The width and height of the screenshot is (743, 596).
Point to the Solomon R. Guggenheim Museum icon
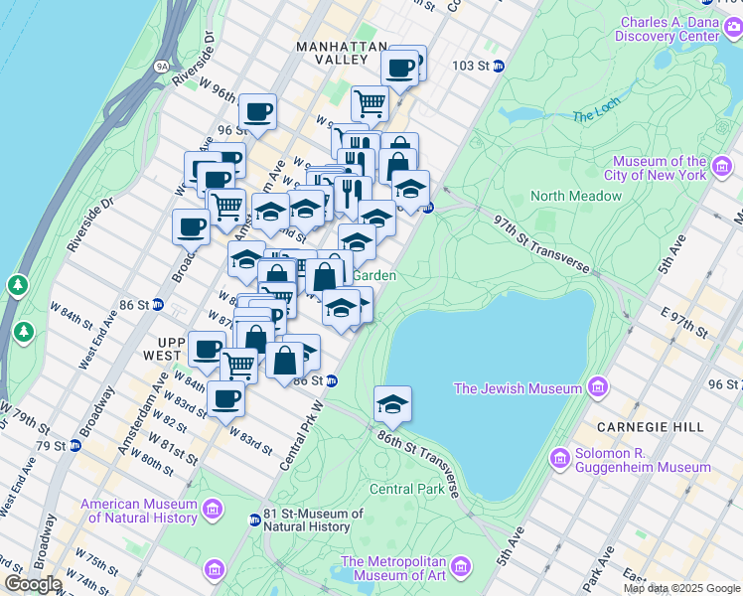tap(560, 459)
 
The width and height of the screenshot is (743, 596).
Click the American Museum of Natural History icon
tap(212, 511)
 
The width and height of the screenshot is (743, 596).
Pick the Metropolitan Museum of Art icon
tap(460, 567)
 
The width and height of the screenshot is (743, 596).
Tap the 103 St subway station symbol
tap(500, 67)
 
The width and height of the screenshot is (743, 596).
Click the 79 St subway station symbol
tap(75, 444)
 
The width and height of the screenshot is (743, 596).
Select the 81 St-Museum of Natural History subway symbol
tap(254, 520)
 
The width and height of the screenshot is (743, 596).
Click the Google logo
tap(33, 584)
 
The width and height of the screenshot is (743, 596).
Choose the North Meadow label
tap(576, 196)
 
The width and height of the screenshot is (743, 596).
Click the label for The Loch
tap(594, 116)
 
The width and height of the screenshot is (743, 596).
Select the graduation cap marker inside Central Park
tap(392, 404)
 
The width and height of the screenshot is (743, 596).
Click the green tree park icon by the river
tap(17, 286)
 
